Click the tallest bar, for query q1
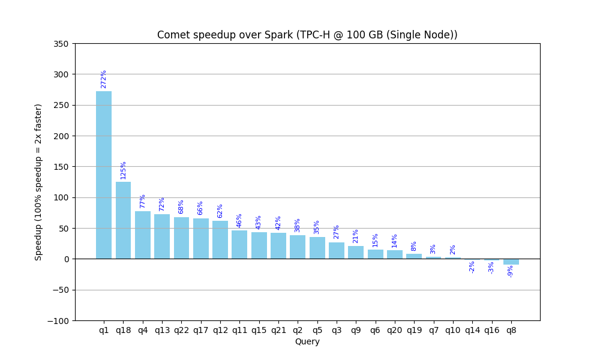click(104, 175)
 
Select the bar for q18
click(123, 220)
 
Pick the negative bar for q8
click(511, 262)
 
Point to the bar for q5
click(317, 248)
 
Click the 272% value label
click(104, 79)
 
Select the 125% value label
click(123, 170)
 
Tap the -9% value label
click(511, 271)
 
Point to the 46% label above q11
click(239, 220)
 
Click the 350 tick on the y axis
click(62, 44)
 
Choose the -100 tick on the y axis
click(59, 321)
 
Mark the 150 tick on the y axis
click(62, 167)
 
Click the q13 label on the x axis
click(162, 331)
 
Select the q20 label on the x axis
click(395, 331)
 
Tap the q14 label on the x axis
click(472, 331)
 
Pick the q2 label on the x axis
click(298, 331)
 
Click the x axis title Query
click(307, 342)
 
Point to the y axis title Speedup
click(38, 182)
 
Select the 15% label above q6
click(376, 240)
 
